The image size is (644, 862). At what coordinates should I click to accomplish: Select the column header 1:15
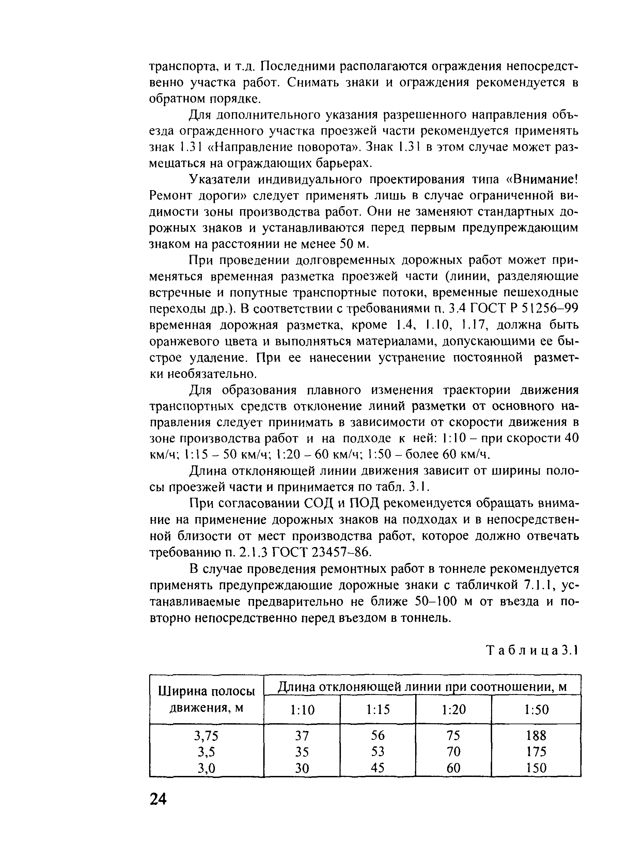(378, 710)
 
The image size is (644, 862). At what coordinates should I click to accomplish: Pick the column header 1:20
(453, 710)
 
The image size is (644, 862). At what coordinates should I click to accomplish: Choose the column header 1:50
(536, 710)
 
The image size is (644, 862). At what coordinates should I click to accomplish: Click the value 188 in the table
(536, 735)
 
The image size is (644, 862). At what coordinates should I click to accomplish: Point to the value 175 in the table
(536, 751)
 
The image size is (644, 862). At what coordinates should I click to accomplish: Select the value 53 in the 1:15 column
(378, 751)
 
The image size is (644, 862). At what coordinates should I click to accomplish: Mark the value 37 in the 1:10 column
(302, 736)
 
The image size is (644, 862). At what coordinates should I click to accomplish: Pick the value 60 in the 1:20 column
(453, 768)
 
